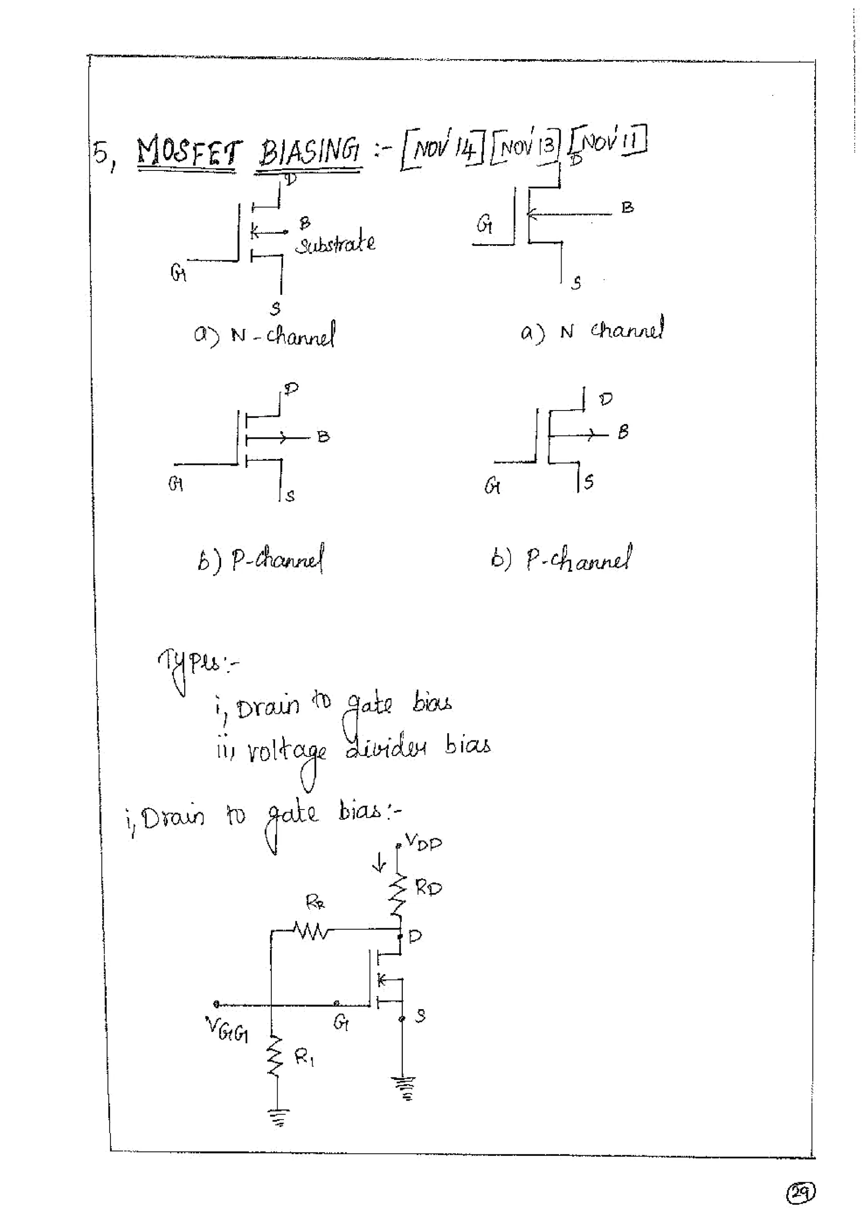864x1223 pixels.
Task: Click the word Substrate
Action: [335, 244]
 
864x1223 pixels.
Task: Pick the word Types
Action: [192, 665]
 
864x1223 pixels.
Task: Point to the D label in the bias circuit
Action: [416, 935]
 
